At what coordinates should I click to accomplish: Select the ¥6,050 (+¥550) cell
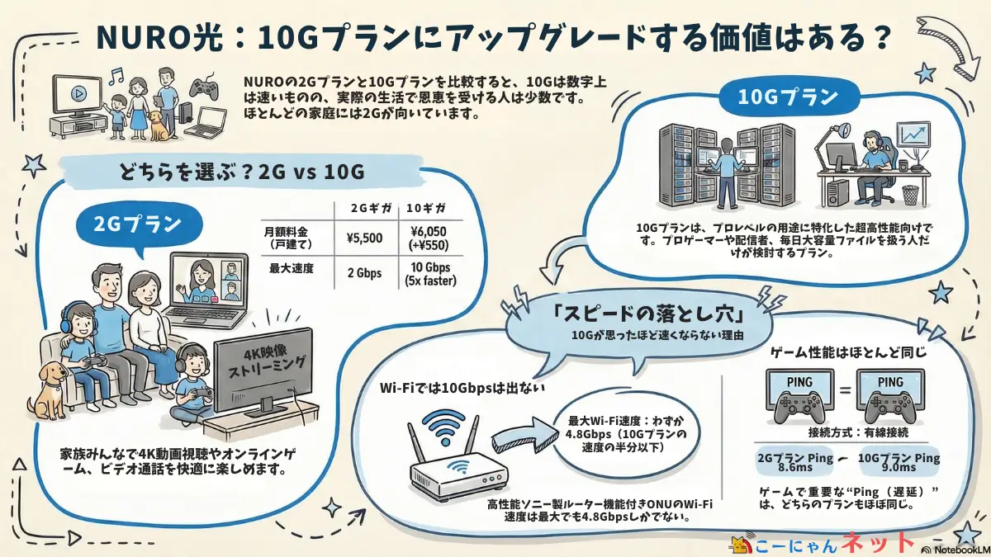pos(429,238)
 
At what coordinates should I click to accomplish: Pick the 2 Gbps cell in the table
pos(364,273)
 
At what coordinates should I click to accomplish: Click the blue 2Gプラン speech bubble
pos(139,224)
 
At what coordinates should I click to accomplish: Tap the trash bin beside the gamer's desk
pos(909,195)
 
